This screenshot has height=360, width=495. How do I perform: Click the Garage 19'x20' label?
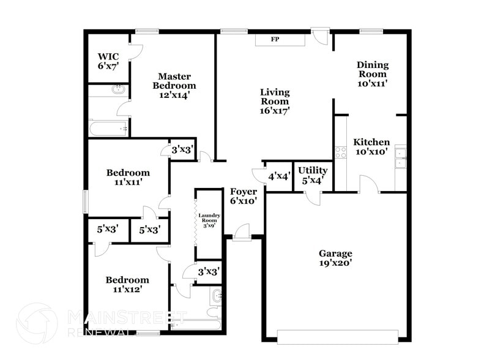335,258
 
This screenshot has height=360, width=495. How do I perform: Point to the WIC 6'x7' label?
108,61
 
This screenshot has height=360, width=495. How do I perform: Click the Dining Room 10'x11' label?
372,73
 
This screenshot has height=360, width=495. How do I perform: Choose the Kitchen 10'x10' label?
371,146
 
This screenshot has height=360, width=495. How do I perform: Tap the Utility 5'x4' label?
313,175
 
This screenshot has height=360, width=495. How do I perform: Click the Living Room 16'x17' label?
275,101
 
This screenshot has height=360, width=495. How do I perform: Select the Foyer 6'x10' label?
243,195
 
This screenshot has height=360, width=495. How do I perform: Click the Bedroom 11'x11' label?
128,177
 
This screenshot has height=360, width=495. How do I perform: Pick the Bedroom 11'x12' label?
128,284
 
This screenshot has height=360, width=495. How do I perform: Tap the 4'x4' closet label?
279,176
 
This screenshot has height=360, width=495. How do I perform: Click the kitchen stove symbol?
340,152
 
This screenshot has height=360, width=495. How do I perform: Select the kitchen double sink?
400,157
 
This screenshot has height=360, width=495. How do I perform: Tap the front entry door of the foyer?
242,232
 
